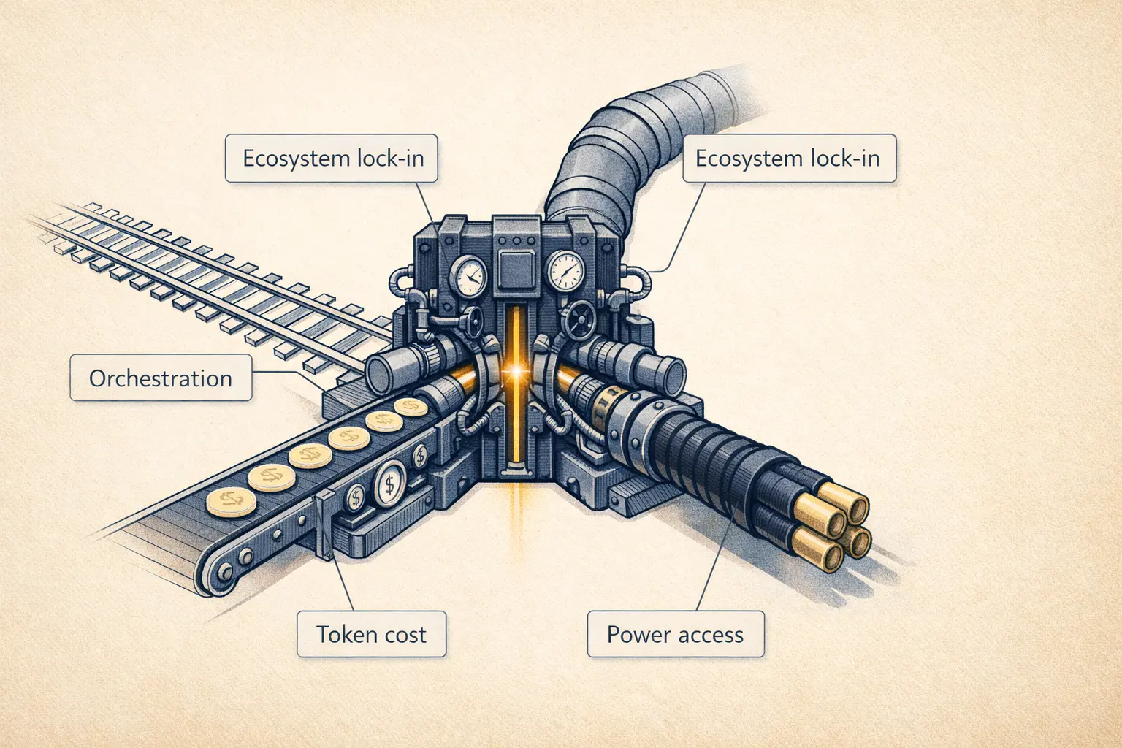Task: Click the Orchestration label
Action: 161,378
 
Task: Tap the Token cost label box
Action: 371,634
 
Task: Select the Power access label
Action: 676,634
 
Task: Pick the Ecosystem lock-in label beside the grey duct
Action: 789,158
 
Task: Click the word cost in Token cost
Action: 401,634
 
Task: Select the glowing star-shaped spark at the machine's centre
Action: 516,373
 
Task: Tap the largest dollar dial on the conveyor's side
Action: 390,484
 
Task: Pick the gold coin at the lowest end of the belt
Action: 231,503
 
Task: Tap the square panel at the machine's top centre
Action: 517,262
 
